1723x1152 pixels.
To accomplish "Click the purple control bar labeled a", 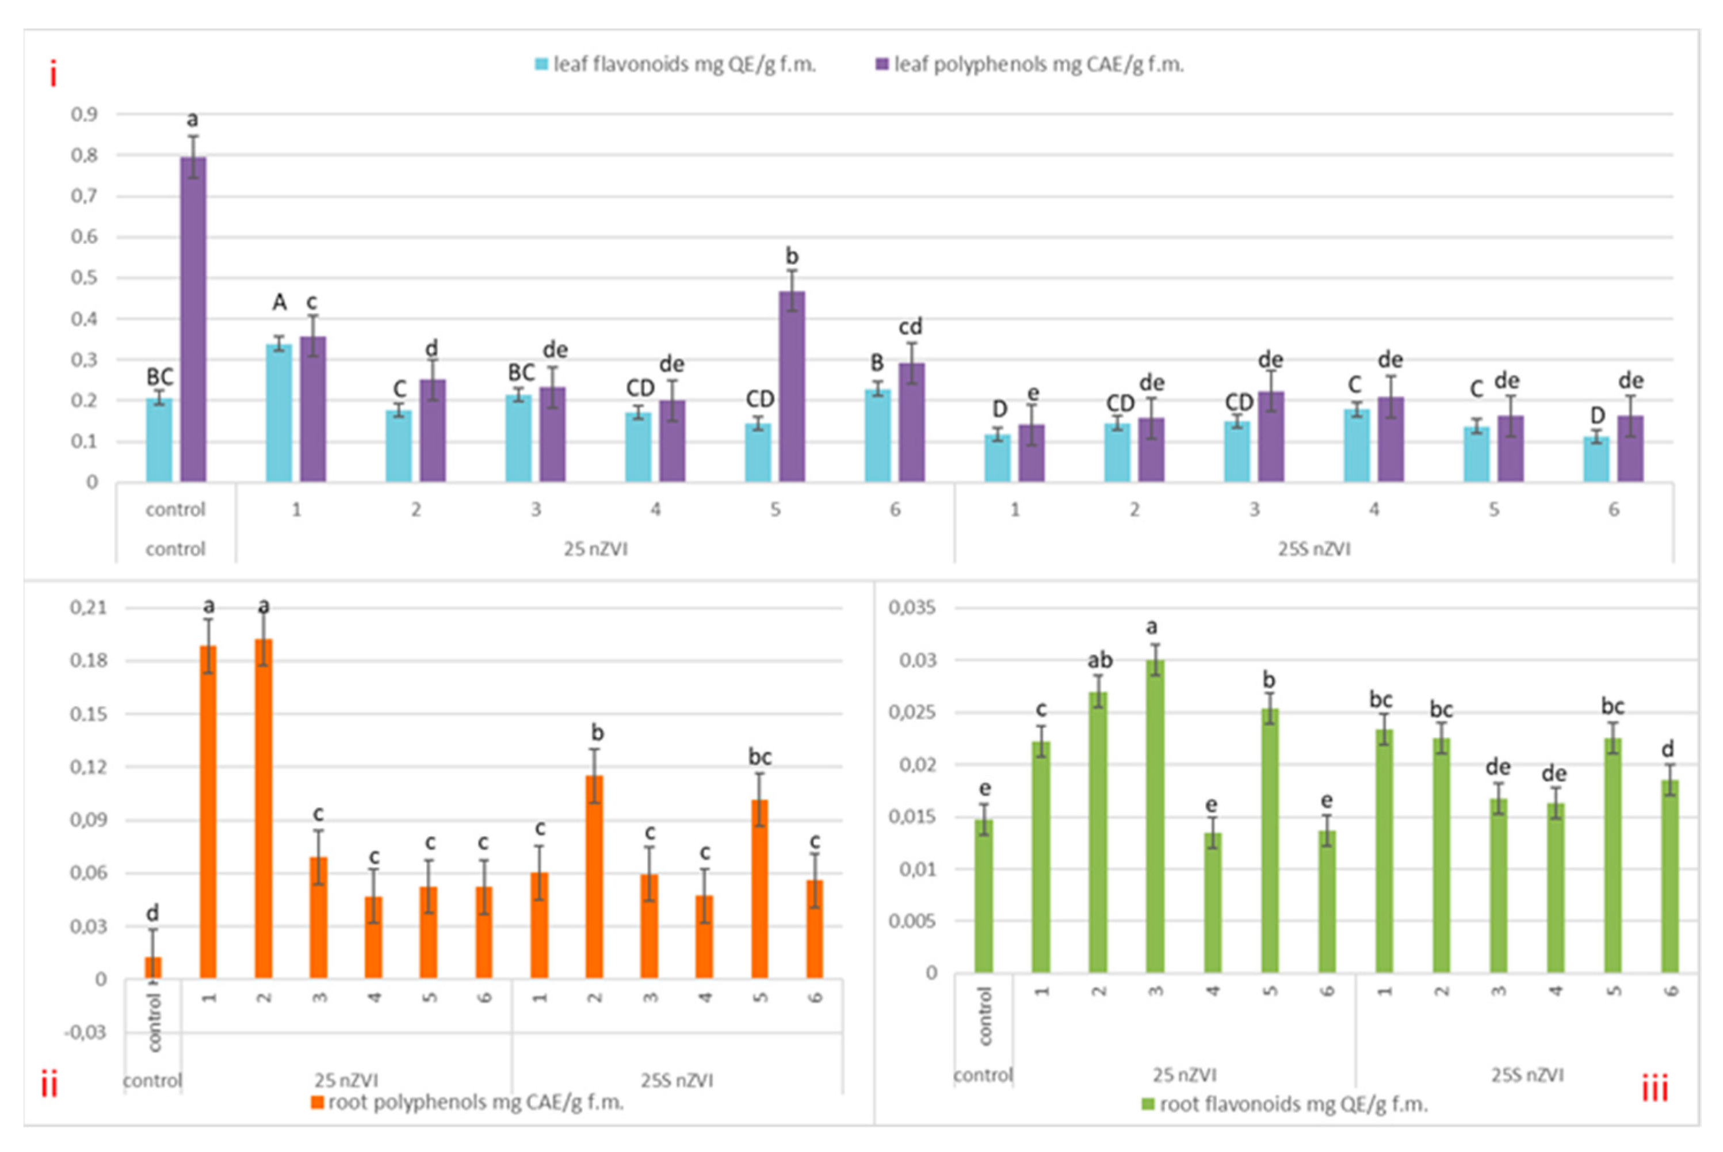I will point(193,319).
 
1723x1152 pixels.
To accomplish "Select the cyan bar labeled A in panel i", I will point(279,413).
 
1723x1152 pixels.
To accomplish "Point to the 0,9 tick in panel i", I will point(84,115).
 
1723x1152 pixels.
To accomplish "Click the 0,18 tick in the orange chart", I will point(88,661).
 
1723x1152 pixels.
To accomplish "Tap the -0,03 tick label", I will point(85,1032).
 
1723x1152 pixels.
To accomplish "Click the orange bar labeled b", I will point(594,876).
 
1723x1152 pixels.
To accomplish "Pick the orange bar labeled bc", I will point(759,889).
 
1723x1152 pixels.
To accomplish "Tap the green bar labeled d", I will point(1669,876).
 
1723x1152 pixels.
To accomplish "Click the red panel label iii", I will point(1655,1088).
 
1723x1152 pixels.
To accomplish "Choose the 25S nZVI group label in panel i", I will point(1314,550).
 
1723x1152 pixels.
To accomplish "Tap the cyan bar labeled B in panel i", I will point(878,435).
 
